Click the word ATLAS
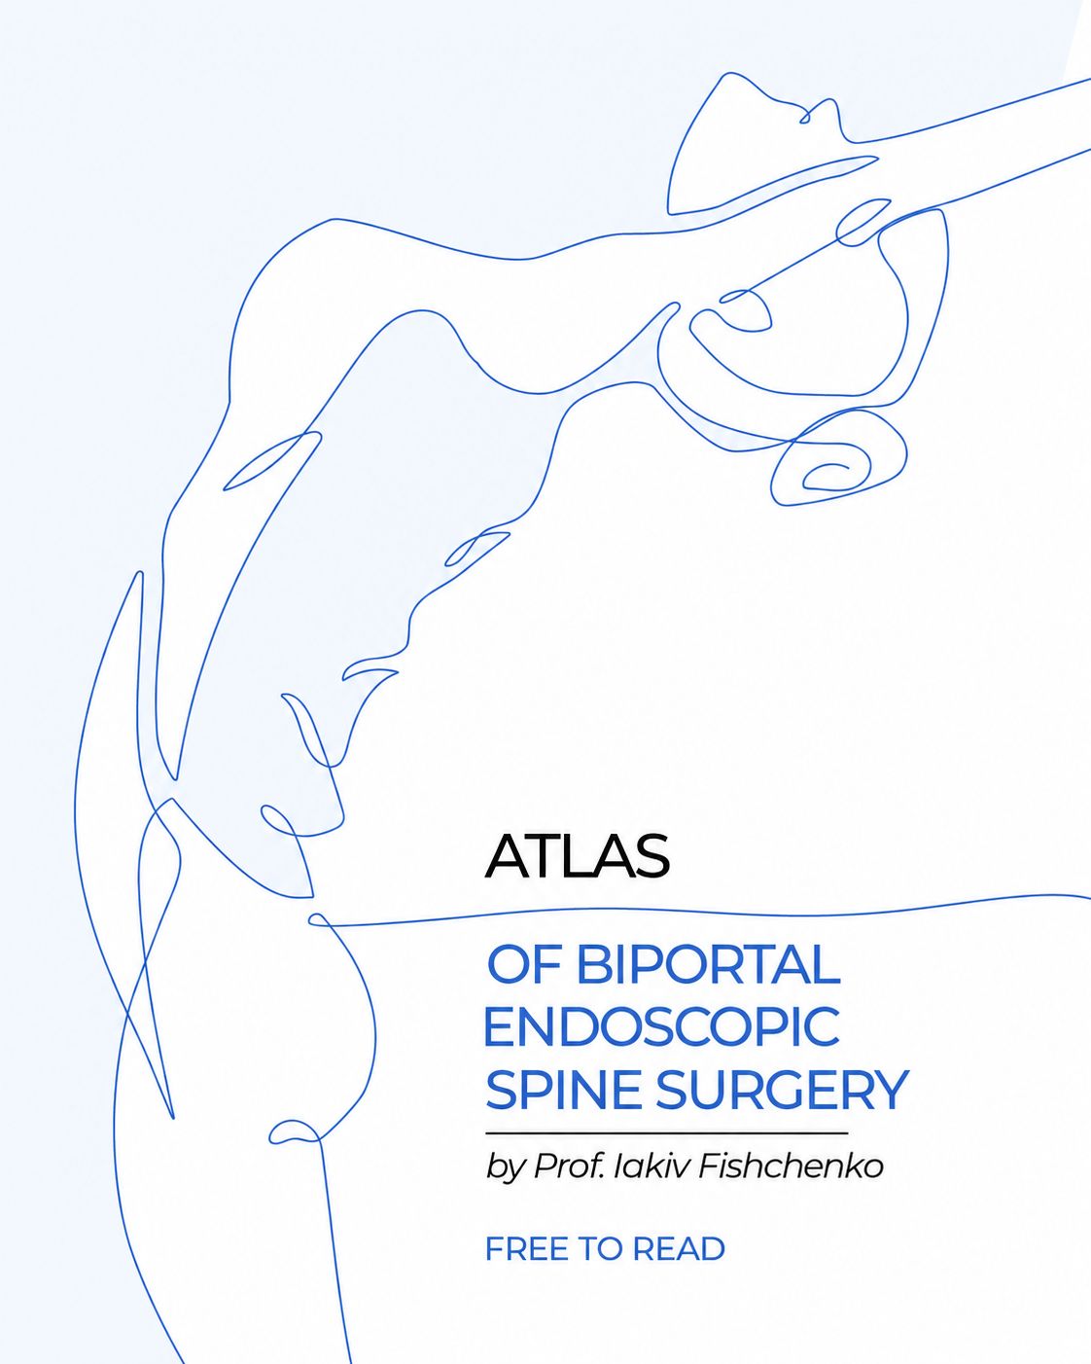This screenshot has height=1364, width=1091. pos(577,856)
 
